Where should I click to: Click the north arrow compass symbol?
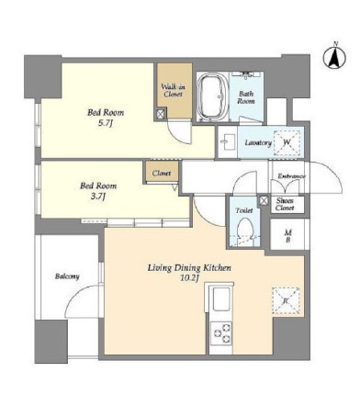(334, 57)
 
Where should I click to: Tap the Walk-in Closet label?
(174, 90)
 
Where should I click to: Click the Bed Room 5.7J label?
(106, 118)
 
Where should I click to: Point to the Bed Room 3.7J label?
(98, 190)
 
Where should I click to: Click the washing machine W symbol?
(287, 142)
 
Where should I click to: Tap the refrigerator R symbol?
(286, 301)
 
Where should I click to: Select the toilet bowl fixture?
(245, 231)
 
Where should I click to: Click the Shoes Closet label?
(285, 204)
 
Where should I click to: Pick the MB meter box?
(287, 234)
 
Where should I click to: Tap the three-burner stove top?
(221, 333)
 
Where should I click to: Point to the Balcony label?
(67, 276)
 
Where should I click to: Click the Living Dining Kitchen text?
(189, 268)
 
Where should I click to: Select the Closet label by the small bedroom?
(162, 174)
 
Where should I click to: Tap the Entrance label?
(291, 176)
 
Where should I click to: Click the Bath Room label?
(246, 97)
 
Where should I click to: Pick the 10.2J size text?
(190, 278)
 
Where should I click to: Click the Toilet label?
(244, 210)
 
